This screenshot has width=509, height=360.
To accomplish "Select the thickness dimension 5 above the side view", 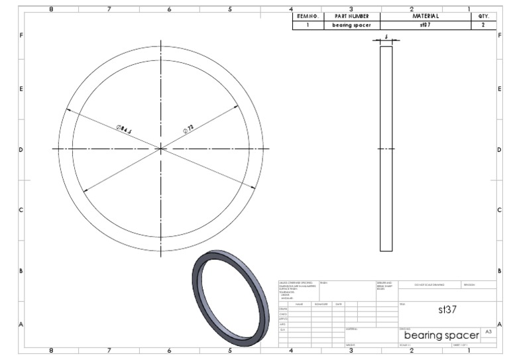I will coord(386,38).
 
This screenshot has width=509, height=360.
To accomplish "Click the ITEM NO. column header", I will coord(308,17).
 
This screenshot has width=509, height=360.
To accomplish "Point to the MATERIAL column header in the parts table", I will coord(425,17).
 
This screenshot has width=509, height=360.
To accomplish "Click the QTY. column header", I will coord(483,17).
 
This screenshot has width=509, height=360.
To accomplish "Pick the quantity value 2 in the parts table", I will coord(483,25).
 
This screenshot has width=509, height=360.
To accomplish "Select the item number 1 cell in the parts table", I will coord(308,25).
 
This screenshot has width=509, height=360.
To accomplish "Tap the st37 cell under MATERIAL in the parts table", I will coord(425,25).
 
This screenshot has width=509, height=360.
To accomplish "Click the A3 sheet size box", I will coord(488,331).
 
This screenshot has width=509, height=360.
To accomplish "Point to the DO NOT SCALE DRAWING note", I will coord(429,284).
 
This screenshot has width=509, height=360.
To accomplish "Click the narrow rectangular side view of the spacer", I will coord(386,149).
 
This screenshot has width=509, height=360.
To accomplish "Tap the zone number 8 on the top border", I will coord(51,9).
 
